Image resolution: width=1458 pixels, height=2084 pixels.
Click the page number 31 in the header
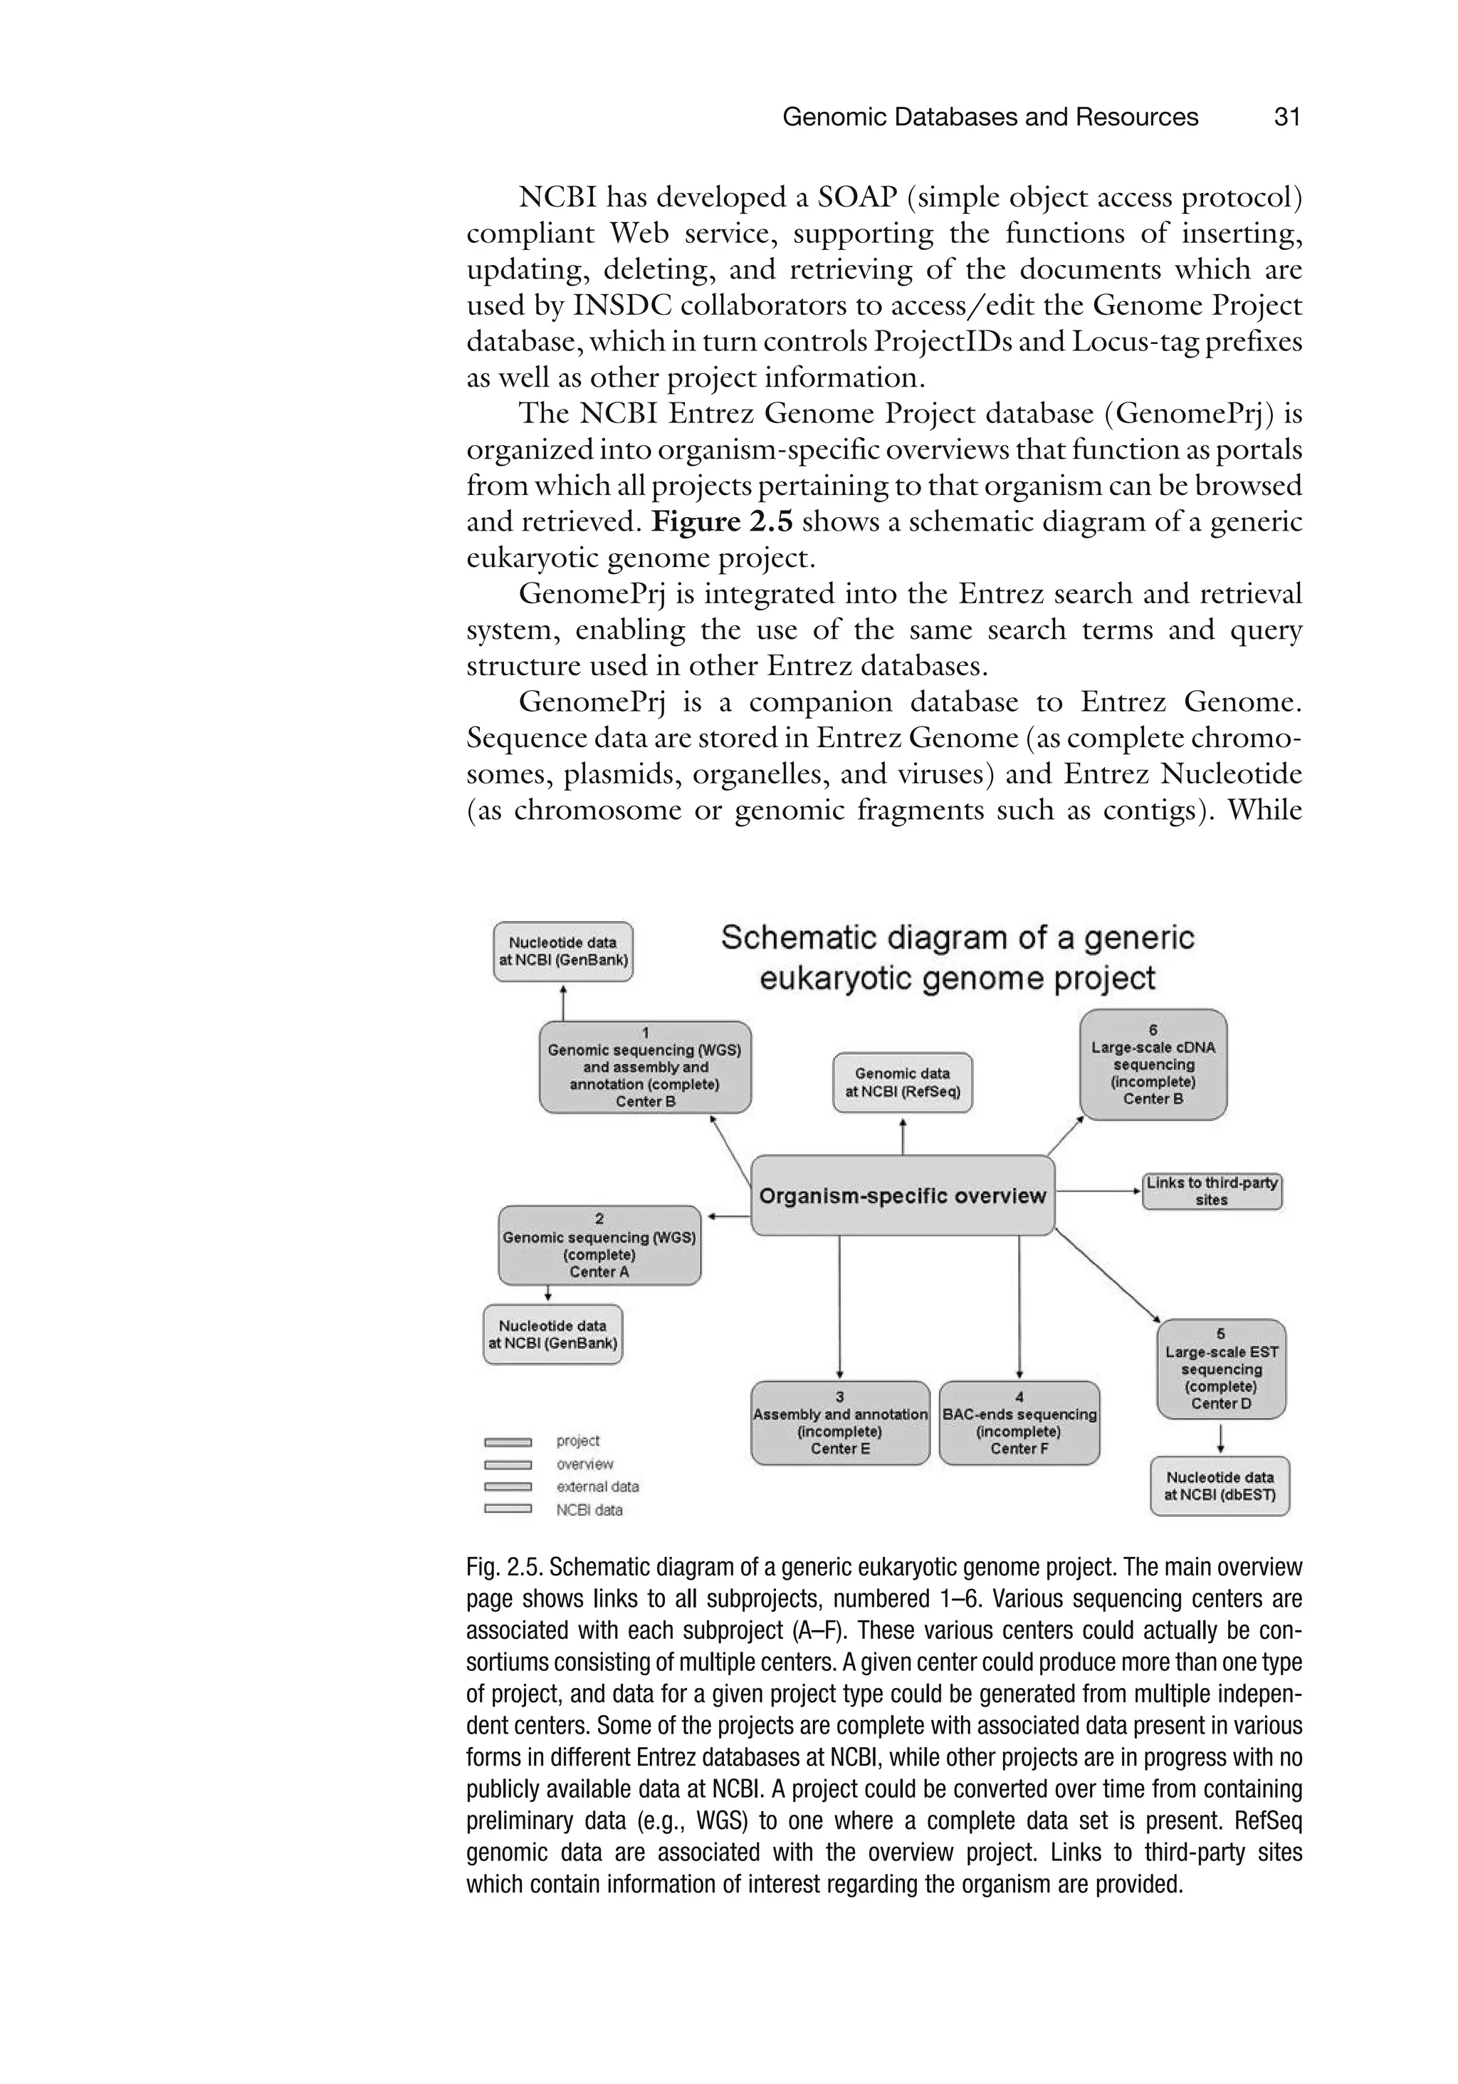1286,117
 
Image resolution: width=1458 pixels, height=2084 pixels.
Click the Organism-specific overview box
902,1195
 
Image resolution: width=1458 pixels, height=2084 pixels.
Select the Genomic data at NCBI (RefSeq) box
902,1082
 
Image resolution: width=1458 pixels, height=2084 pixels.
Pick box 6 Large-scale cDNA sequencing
1153,1064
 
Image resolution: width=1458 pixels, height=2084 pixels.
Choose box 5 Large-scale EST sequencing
1220,1369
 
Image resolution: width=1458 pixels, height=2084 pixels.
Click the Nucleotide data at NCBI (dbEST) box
1220,1486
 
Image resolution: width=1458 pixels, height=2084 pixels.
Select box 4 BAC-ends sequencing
1019,1422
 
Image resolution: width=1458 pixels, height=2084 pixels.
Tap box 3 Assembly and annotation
840,1422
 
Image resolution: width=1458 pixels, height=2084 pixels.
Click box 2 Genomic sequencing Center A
599,1245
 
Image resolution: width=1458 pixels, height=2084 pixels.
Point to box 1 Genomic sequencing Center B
644,1068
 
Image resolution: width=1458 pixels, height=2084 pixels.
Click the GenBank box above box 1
562,952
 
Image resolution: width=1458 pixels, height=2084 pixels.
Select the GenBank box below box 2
552,1334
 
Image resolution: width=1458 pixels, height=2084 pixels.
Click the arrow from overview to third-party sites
1098,1191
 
